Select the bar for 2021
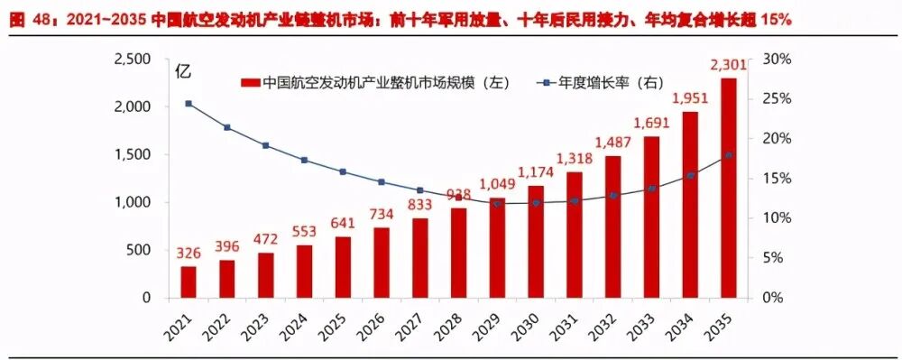[188, 282]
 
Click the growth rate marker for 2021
[188, 104]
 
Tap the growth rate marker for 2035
[729, 155]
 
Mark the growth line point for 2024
[304, 160]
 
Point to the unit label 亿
[183, 71]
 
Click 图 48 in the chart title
[25, 19]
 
